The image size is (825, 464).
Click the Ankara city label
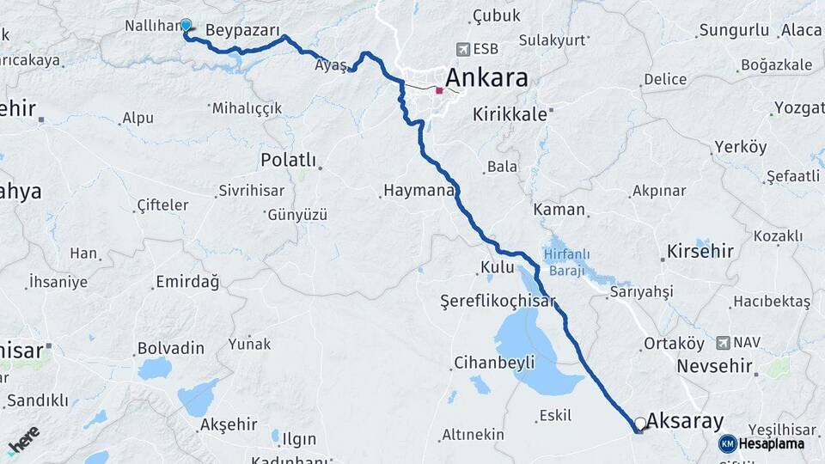click(487, 79)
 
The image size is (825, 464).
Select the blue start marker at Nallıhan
click(186, 26)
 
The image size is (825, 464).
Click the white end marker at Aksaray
click(639, 423)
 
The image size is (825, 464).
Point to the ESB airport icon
click(465, 49)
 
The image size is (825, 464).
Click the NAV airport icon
click(722, 342)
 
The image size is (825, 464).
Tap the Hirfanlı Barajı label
click(564, 261)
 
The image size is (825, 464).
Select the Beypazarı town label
click(243, 30)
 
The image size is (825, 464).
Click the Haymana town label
click(418, 191)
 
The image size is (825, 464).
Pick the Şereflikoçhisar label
click(498, 302)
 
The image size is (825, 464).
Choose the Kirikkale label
click(509, 113)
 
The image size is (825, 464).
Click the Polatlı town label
click(288, 161)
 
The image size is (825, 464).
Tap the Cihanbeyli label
click(494, 362)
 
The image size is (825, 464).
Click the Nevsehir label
click(714, 366)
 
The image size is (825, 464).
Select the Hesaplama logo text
click(771, 443)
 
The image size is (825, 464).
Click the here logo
click(23, 441)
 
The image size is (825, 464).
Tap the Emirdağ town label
click(187, 282)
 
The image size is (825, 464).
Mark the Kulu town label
click(498, 268)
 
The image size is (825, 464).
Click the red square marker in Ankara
click(439, 89)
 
